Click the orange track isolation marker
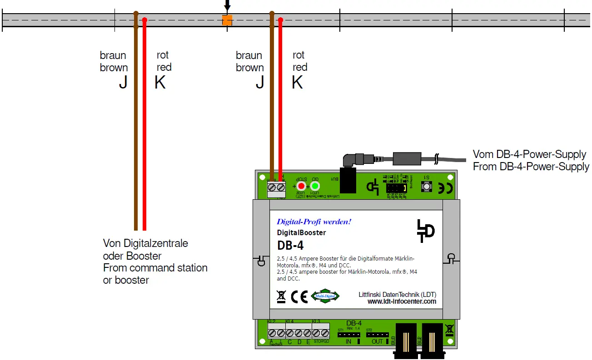click(x=227, y=20)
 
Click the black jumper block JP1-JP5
click(x=396, y=187)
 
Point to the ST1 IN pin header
click(x=348, y=335)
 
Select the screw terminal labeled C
click(x=289, y=333)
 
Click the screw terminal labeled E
click(x=307, y=333)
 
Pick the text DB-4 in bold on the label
click(x=290, y=245)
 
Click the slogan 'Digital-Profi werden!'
click(x=314, y=222)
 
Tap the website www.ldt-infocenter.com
click(x=402, y=301)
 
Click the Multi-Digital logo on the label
click(x=325, y=296)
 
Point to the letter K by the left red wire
click(x=160, y=83)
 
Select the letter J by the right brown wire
click(x=259, y=83)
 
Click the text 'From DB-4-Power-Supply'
click(x=531, y=167)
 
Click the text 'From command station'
click(x=155, y=268)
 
